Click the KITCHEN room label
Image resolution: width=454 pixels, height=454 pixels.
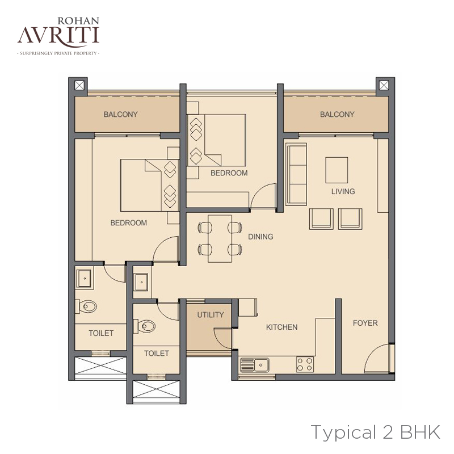281,327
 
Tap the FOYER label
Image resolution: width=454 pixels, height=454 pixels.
365,323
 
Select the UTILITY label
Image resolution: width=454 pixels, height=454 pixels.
211,315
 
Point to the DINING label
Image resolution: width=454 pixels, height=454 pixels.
260,237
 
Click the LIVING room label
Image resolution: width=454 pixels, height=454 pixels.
343,191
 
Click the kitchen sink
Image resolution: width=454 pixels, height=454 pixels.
254,364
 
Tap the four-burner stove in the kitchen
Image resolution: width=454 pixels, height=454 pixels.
305,364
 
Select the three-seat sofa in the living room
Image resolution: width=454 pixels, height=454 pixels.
296,174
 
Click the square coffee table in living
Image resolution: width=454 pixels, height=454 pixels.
337,170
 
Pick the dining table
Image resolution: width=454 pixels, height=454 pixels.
220,239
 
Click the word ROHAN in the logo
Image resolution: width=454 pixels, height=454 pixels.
78,21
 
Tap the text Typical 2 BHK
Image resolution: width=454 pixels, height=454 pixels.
376,432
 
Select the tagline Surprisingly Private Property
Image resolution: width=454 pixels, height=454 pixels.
58,53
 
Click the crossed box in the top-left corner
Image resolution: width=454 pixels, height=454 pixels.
79,86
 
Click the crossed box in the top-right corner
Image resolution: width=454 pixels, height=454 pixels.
384,86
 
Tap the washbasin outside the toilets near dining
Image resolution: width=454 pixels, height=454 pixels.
141,282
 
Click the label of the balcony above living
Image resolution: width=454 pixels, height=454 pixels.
337,115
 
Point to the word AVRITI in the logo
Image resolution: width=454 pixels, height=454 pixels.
58,36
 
